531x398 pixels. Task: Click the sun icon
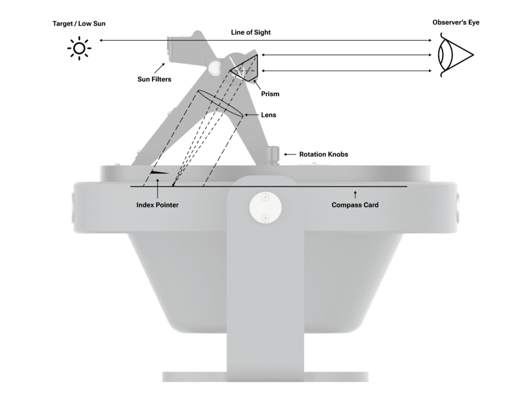[x=79, y=49]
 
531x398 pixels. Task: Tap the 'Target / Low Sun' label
[x=82, y=24]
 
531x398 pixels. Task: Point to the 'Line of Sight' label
[x=251, y=33]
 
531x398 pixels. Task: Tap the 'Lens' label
[x=269, y=115]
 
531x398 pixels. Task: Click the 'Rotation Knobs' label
[x=324, y=154]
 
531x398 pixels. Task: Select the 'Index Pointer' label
[x=157, y=205]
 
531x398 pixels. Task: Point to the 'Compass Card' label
[x=355, y=205]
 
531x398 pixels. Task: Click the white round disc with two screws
[x=265, y=207]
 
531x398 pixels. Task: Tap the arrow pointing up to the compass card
[x=355, y=194]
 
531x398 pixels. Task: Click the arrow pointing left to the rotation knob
[x=289, y=154]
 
